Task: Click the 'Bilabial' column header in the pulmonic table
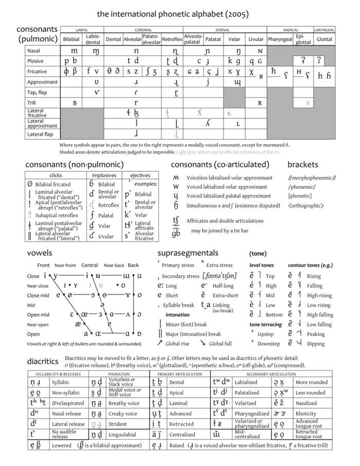pyautogui.click(x=71, y=39)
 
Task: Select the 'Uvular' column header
pyautogui.click(x=256, y=39)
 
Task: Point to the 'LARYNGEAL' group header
pyautogui.click(x=324, y=30)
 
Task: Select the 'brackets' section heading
pyautogui.click(x=302, y=165)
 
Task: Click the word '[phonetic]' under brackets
pyautogui.click(x=300, y=196)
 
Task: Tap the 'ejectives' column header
pyautogui.click(x=140, y=176)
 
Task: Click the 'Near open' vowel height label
pyautogui.click(x=38, y=325)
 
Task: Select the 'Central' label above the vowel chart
pyautogui.click(x=89, y=265)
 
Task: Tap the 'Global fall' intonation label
pyautogui.click(x=220, y=344)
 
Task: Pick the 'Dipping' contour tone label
pyautogui.click(x=315, y=344)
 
